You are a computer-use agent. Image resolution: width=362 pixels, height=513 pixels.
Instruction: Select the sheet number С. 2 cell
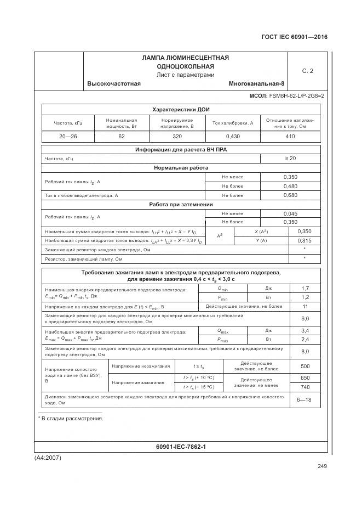[307, 71]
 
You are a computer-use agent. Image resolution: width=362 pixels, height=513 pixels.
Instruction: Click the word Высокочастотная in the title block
[114, 83]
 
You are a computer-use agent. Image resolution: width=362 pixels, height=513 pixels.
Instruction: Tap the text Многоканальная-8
[256, 83]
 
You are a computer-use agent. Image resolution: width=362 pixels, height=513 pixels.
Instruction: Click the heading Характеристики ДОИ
[181, 109]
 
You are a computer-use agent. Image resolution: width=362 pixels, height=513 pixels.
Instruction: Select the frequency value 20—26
[67, 137]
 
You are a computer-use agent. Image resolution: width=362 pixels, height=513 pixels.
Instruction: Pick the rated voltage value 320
[177, 137]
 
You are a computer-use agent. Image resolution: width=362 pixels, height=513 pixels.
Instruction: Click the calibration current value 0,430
[232, 137]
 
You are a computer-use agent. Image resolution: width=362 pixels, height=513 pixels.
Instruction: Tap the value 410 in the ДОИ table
[290, 137]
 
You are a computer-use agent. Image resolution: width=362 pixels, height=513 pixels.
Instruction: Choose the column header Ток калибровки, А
[232, 123]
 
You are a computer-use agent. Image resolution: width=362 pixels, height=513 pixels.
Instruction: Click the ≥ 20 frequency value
[290, 159]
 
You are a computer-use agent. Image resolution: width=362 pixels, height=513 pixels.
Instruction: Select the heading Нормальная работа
[181, 168]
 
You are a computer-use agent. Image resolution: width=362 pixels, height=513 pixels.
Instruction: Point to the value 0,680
[290, 195]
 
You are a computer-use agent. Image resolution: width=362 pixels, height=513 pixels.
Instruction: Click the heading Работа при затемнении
[181, 205]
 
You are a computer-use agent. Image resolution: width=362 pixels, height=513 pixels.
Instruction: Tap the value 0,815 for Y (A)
[304, 241]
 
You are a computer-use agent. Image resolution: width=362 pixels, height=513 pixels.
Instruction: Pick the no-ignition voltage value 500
[305, 366]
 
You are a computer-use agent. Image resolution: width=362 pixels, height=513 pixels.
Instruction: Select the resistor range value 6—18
[304, 399]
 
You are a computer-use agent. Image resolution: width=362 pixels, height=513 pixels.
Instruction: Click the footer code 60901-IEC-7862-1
[181, 447]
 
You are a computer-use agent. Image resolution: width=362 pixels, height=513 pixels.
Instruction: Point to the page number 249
[321, 466]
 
